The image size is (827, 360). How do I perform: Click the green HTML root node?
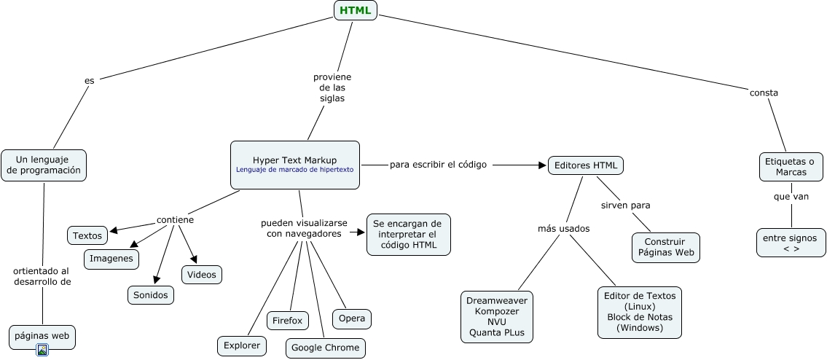[x=355, y=10]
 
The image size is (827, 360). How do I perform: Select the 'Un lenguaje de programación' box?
[x=44, y=165]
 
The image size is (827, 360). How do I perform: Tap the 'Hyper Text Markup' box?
[x=295, y=165]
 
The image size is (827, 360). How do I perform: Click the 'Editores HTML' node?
[x=585, y=165]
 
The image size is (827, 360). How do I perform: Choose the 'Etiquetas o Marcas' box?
[x=791, y=166]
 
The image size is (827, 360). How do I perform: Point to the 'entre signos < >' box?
[x=791, y=243]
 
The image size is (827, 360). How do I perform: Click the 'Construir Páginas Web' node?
[x=666, y=247]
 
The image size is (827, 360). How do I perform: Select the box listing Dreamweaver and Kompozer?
[x=498, y=315]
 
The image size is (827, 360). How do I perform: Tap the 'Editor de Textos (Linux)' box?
[x=640, y=312]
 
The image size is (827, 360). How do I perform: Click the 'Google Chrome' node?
[x=325, y=348]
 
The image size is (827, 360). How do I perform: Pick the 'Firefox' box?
[x=288, y=321]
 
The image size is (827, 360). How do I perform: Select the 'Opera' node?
[x=352, y=318]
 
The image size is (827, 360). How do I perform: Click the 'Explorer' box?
[x=242, y=345]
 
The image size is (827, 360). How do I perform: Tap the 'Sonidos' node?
[x=151, y=294]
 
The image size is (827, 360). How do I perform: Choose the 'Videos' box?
[x=202, y=274]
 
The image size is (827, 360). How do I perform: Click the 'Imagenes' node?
[x=111, y=258]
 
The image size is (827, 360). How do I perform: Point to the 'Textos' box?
[x=87, y=235]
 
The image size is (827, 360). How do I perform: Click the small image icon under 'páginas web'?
[x=42, y=350]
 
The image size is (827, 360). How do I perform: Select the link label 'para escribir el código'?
[x=438, y=165]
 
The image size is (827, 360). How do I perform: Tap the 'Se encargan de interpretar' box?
[x=408, y=234]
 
